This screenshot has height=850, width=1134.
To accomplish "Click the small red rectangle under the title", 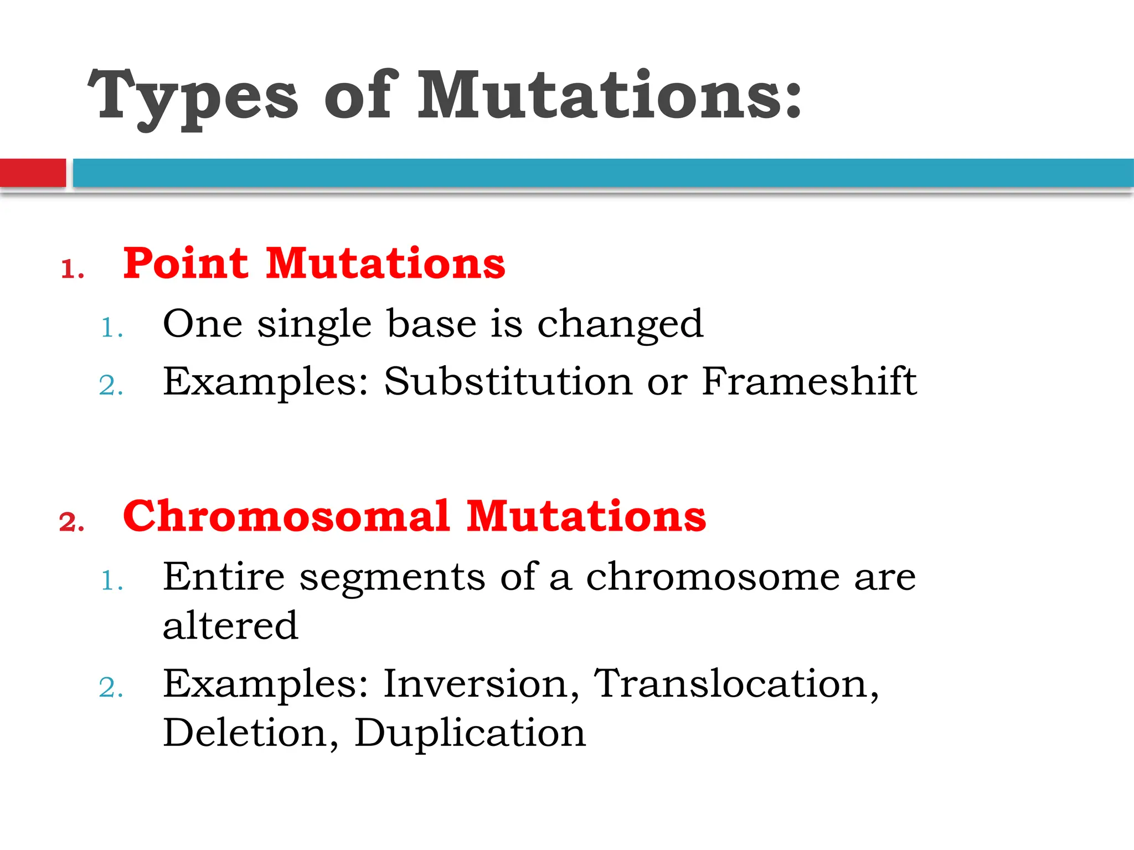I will pyautogui.click(x=33, y=173).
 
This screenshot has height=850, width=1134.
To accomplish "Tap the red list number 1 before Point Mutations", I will pyautogui.click(x=71, y=270).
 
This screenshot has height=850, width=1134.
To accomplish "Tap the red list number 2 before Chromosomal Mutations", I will pyautogui.click(x=71, y=522).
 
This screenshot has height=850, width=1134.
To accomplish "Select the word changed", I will pyautogui.click(x=620, y=325).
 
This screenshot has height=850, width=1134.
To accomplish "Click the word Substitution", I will pyautogui.click(x=508, y=382).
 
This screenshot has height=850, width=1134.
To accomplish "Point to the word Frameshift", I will pyautogui.click(x=809, y=382).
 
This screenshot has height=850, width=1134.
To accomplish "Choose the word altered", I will pyautogui.click(x=230, y=626).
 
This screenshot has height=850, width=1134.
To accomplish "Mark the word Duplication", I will pyautogui.click(x=470, y=733).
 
